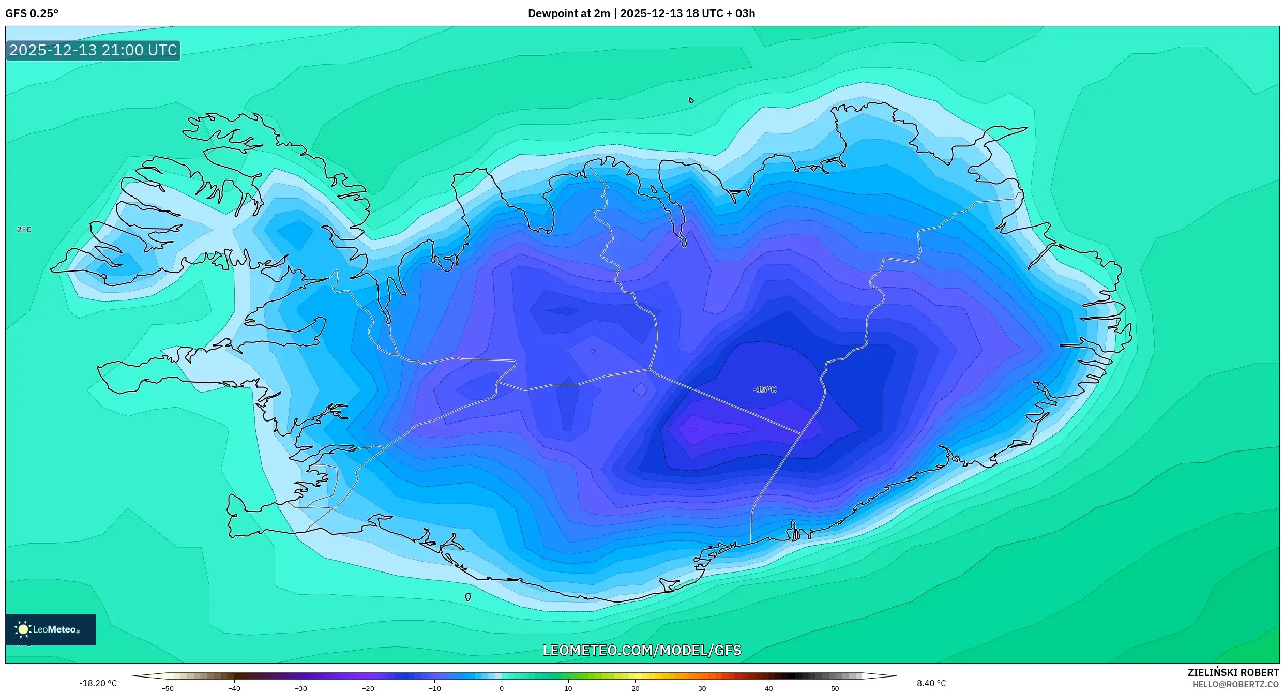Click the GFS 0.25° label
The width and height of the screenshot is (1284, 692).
click(32, 13)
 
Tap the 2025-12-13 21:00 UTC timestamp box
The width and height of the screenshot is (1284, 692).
click(93, 50)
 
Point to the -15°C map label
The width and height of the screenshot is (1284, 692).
click(764, 389)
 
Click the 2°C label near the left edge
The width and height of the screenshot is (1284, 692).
click(24, 230)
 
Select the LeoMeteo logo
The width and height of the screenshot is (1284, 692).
click(50, 629)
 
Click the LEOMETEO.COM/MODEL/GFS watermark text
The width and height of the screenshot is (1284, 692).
click(641, 650)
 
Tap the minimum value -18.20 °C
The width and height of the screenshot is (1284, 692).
click(98, 683)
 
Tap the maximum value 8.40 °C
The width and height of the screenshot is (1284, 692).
click(931, 683)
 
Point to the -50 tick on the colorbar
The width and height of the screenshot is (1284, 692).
click(168, 688)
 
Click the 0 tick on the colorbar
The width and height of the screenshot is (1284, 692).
click(501, 688)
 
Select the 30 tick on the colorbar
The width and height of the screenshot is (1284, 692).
click(702, 688)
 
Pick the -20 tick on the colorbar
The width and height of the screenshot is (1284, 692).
click(368, 688)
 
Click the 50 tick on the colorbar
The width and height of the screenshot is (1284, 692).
click(835, 688)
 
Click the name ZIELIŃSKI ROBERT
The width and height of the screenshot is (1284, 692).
click(1233, 672)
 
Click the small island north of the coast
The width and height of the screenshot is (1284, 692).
click(691, 100)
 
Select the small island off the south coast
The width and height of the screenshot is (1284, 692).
click(467, 597)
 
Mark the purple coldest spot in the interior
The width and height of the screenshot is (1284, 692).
click(692, 429)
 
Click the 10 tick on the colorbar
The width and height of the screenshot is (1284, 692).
click(568, 688)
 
